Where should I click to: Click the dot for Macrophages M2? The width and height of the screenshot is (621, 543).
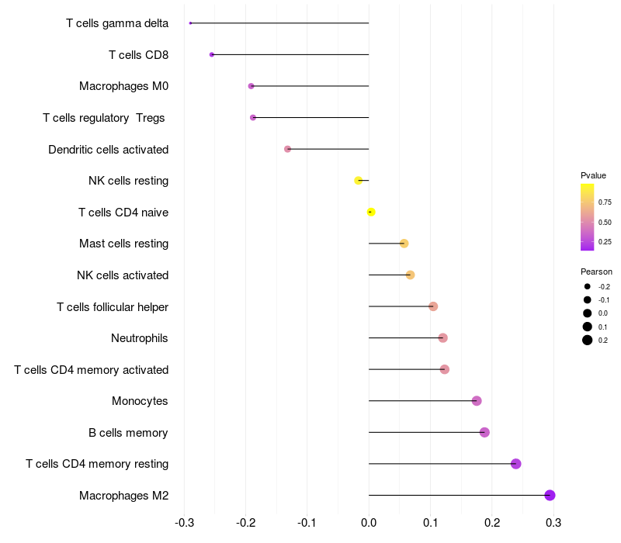click(x=550, y=495)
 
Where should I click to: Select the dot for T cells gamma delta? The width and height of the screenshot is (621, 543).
click(x=190, y=23)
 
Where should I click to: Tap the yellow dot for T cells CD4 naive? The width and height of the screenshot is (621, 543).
click(x=371, y=212)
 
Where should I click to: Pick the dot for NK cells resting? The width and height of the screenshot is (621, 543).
click(x=358, y=181)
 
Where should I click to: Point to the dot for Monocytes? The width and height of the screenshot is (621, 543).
click(x=477, y=401)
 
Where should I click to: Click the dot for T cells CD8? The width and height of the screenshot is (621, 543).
click(x=211, y=54)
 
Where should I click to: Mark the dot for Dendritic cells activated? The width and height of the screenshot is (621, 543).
click(x=287, y=149)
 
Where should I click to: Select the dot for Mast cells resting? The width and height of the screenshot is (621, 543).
click(x=404, y=244)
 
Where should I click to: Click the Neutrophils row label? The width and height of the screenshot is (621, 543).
click(x=140, y=338)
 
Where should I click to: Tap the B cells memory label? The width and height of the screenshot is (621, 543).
click(x=128, y=433)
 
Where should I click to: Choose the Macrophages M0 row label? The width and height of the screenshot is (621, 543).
click(x=124, y=86)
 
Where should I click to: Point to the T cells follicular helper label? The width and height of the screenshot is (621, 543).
click(x=113, y=307)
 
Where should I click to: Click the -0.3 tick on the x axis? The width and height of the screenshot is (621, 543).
click(x=184, y=523)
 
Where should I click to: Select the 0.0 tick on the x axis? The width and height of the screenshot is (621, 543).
click(x=369, y=523)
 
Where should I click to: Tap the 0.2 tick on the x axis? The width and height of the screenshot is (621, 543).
click(x=492, y=523)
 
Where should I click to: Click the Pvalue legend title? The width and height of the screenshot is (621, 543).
click(x=593, y=175)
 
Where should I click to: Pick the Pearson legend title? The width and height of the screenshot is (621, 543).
click(x=596, y=271)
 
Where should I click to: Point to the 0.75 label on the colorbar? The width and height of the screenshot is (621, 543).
click(x=605, y=202)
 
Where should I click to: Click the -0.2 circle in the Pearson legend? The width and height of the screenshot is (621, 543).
click(x=587, y=286)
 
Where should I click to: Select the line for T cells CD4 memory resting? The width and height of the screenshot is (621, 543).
click(x=442, y=464)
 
